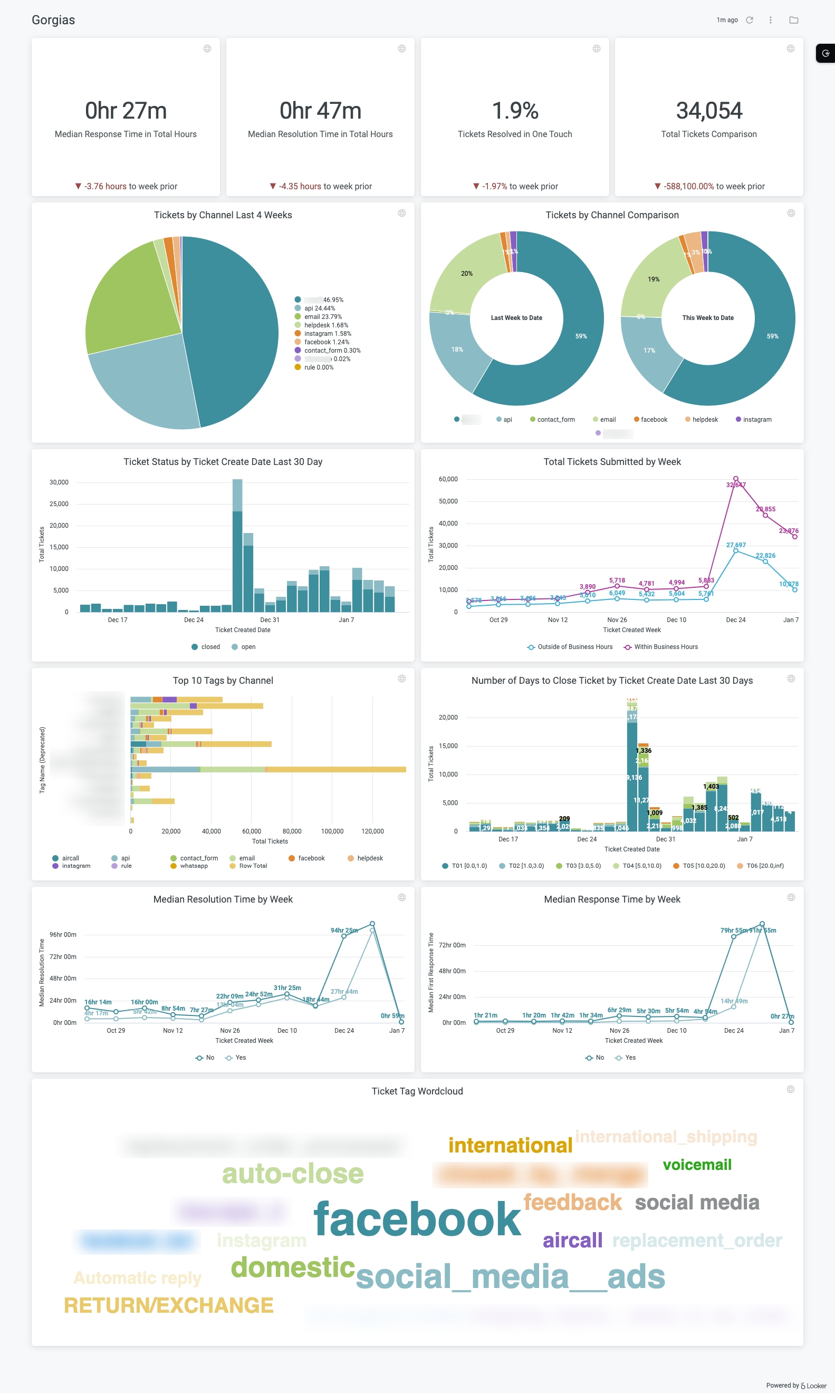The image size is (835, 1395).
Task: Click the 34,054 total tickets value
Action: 708,111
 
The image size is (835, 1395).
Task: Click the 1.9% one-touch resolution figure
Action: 515,111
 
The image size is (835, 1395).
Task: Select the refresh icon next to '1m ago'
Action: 749,20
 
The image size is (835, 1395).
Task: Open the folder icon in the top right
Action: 793,20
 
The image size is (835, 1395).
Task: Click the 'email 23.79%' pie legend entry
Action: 322,316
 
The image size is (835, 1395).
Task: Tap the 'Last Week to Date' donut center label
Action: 516,318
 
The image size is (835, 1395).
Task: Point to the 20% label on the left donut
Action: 466,274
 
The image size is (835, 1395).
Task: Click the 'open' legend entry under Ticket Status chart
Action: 247,646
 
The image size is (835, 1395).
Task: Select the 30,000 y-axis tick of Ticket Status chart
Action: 59,482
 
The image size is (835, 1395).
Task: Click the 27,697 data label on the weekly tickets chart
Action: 735,545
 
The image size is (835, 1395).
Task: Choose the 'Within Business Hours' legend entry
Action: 665,646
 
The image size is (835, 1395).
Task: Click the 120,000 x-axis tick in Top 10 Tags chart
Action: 372,831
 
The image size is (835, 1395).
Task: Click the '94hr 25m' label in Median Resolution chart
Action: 344,931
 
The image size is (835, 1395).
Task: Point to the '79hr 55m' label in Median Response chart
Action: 733,931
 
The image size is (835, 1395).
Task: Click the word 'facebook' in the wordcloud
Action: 417,1218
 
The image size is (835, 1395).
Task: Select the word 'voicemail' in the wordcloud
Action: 697,1165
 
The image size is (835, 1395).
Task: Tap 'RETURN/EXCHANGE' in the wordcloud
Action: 168,1305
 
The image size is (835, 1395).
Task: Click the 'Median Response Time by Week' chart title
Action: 612,899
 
